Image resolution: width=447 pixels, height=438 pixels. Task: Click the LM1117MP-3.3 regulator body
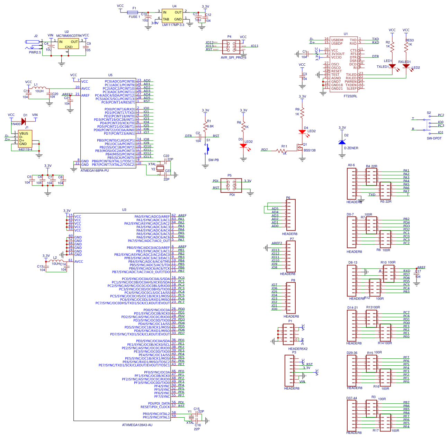[x=172, y=16]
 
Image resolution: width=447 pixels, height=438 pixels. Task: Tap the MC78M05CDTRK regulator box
[x=69, y=44]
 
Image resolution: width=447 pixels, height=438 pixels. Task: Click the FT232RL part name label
[x=350, y=96]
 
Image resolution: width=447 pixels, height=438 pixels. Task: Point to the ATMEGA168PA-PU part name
[x=95, y=171]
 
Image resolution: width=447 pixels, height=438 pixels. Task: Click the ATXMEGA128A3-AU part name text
[x=137, y=425]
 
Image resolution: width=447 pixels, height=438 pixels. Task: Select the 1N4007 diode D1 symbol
[x=24, y=121]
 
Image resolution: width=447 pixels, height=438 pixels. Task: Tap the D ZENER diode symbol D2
[x=342, y=142]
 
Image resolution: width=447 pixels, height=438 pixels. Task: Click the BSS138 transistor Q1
[x=300, y=148]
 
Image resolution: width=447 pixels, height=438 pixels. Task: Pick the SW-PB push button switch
[x=207, y=149]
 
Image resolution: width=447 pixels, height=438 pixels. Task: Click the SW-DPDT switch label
[x=434, y=138]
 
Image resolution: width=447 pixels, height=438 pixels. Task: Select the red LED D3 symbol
[x=243, y=146]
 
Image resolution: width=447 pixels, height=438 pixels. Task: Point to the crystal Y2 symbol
[x=160, y=168]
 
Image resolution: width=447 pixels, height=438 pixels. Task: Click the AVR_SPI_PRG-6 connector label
[x=233, y=57]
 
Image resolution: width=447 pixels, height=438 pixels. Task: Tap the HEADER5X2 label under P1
[x=298, y=349]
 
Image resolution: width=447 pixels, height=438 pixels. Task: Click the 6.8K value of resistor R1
[x=210, y=126]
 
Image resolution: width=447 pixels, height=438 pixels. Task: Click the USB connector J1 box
[x=25, y=139]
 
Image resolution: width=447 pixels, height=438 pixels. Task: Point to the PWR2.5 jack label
[x=35, y=53]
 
